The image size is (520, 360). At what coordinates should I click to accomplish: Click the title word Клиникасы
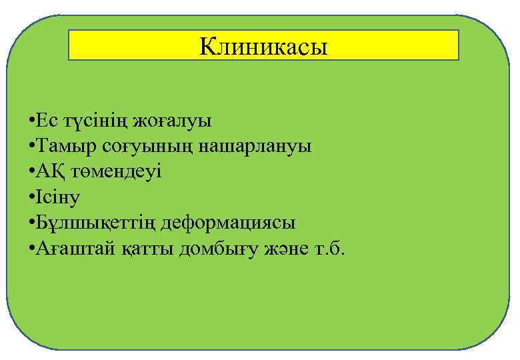pos(264,47)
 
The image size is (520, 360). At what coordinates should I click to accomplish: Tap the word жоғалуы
pos(172,121)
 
